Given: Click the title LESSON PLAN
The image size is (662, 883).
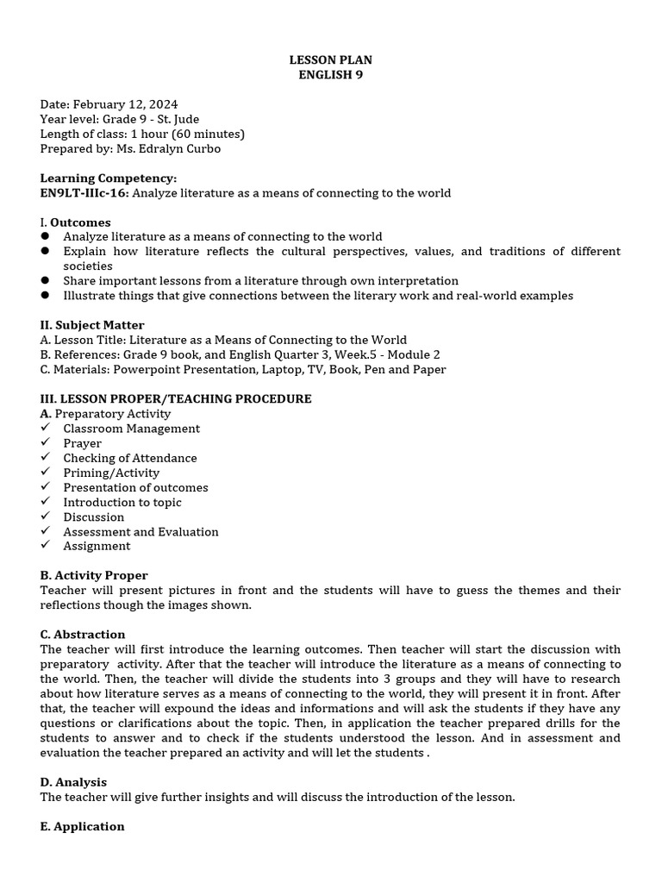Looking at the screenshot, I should [x=331, y=59].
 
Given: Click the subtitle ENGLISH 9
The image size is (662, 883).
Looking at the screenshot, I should [x=331, y=74].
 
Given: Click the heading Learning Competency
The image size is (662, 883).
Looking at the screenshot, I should [x=108, y=178].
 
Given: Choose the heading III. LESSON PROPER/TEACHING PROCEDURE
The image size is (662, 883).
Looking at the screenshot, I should [x=176, y=399].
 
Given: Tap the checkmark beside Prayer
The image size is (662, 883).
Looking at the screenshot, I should [x=45, y=443].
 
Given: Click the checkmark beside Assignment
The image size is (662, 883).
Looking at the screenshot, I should [x=45, y=546].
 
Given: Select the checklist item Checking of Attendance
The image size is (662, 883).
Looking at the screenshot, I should [x=129, y=458].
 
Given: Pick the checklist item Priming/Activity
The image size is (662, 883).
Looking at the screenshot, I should [x=111, y=473].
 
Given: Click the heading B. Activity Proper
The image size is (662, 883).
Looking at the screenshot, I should [x=94, y=575].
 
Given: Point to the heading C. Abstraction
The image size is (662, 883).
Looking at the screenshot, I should [x=83, y=635].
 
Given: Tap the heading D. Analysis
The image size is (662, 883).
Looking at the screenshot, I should [x=73, y=782].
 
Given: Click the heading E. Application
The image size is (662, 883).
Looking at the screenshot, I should [x=82, y=826].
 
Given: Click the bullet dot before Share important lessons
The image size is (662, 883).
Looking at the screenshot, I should [x=45, y=281].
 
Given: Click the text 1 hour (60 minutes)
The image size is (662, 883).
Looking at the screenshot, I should [x=188, y=134].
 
